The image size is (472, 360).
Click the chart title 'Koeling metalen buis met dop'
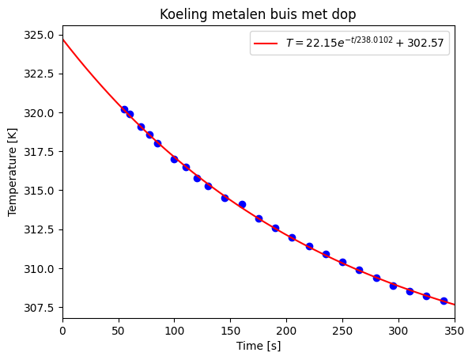point(259,14)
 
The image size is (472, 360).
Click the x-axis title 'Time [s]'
point(259,346)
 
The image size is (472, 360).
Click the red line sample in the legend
point(267,45)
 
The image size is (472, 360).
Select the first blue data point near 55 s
point(124,109)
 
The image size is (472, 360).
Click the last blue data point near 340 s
point(444,301)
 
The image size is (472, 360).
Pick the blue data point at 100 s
point(174,159)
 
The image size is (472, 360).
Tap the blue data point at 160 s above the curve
point(242,204)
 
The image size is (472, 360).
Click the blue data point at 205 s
point(292,237)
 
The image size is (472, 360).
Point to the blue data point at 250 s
point(342,262)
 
